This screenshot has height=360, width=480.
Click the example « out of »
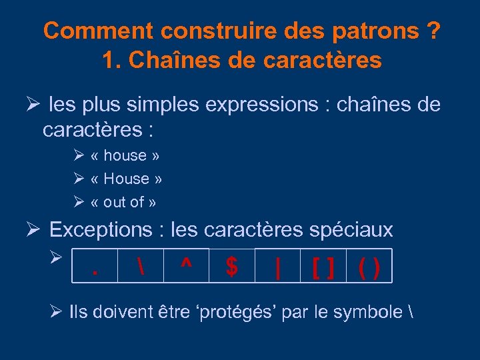point(123,202)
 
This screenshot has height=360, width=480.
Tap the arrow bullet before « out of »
point(78,201)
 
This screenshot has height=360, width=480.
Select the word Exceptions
point(101,230)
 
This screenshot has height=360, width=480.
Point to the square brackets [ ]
point(323,267)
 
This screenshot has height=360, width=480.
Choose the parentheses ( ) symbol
point(369,267)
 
